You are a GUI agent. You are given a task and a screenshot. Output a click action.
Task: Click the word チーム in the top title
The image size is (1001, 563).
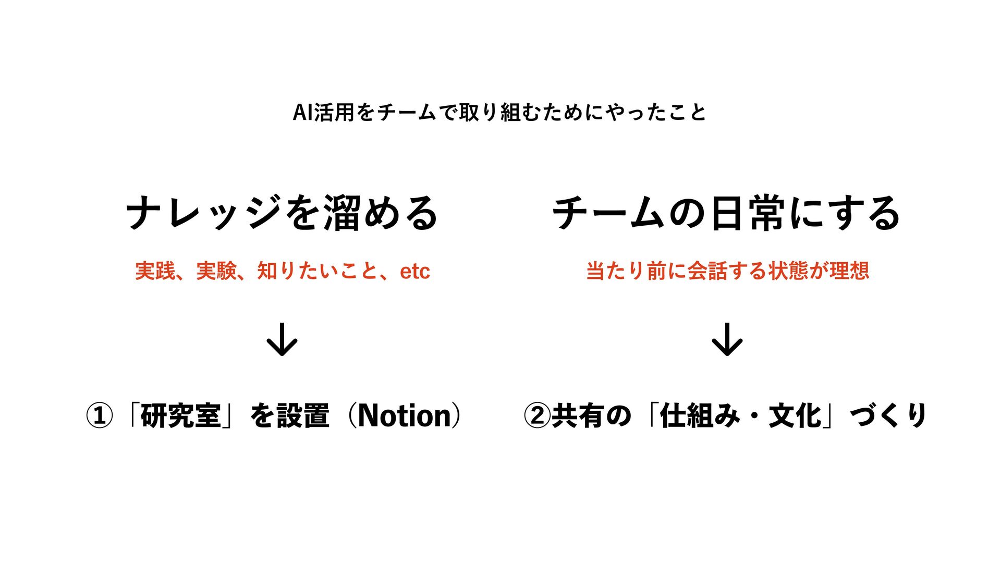pos(407,112)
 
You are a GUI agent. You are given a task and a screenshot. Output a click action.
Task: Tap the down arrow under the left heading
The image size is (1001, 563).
pos(282,339)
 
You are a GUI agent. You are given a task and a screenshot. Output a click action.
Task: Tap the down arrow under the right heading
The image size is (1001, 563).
pos(727,339)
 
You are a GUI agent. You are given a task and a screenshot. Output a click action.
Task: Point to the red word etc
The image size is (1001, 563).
pos(415,271)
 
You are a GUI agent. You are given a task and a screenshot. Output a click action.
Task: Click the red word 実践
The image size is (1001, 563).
pos(155,271)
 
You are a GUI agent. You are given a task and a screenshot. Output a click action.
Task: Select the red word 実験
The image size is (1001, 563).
pos(216,271)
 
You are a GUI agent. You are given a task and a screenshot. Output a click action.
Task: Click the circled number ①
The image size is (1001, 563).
pos(99,416)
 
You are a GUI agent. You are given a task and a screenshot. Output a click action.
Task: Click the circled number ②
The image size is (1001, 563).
pos(537,416)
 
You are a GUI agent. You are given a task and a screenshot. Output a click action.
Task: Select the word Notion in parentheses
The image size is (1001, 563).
pos(404,416)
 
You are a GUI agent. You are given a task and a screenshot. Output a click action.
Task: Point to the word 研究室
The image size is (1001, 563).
pos(180,416)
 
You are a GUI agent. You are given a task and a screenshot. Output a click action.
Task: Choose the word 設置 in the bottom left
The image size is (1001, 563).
pos(303,416)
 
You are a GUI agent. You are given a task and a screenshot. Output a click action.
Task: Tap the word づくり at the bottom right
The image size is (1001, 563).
pos(888,416)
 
